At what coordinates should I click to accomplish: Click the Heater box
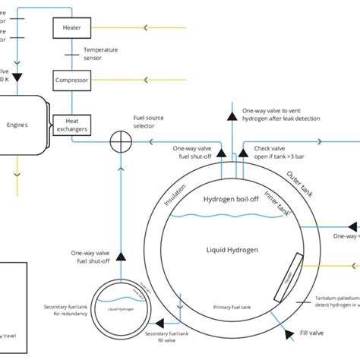[x=71, y=28]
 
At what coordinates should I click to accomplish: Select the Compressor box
[x=71, y=79]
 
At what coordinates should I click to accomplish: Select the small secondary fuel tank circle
[x=122, y=307]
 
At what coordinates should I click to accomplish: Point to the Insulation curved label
[x=175, y=191]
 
